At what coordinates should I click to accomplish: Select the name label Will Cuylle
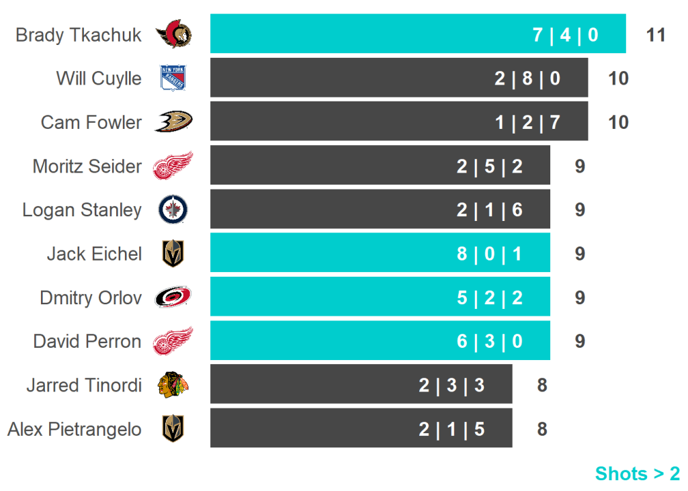pos(99,78)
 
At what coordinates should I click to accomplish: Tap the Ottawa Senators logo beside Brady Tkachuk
pos(173,34)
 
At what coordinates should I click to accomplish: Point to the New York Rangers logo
pos(173,78)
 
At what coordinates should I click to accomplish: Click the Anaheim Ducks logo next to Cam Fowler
pos(173,122)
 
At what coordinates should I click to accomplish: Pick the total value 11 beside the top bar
pos(655,35)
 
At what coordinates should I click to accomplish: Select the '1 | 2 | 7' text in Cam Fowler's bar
pos(527,122)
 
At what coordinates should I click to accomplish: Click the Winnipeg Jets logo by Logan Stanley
pos(173,210)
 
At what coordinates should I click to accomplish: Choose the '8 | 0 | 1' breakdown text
pos(490,254)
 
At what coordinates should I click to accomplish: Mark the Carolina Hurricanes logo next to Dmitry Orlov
pos(173,297)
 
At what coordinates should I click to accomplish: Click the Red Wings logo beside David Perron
pos(173,341)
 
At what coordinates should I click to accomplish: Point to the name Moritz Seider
pos(87,166)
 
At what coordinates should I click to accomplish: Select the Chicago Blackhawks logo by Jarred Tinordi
pos(173,385)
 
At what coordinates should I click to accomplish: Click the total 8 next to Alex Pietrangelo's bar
pos(542,429)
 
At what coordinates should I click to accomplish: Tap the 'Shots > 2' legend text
pos(637,474)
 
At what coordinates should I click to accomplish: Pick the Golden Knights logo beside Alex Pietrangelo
pos(173,429)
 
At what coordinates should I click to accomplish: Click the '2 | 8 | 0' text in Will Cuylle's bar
pos(527,79)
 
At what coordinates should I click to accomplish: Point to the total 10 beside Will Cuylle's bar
pos(618,79)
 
